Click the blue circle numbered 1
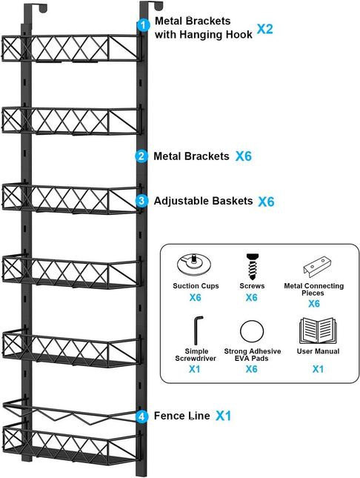[143, 24]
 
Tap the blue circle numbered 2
[141, 156]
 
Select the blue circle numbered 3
[141, 201]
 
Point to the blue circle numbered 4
[141, 416]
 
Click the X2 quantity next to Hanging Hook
[265, 30]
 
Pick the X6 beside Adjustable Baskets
[267, 202]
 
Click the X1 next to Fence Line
[224, 416]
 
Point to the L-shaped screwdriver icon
[196, 328]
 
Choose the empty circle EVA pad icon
[252, 330]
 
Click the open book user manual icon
[317, 329]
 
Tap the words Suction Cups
[195, 284]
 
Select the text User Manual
[318, 351]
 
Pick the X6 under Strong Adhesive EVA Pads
[252, 368]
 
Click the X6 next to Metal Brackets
[244, 156]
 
